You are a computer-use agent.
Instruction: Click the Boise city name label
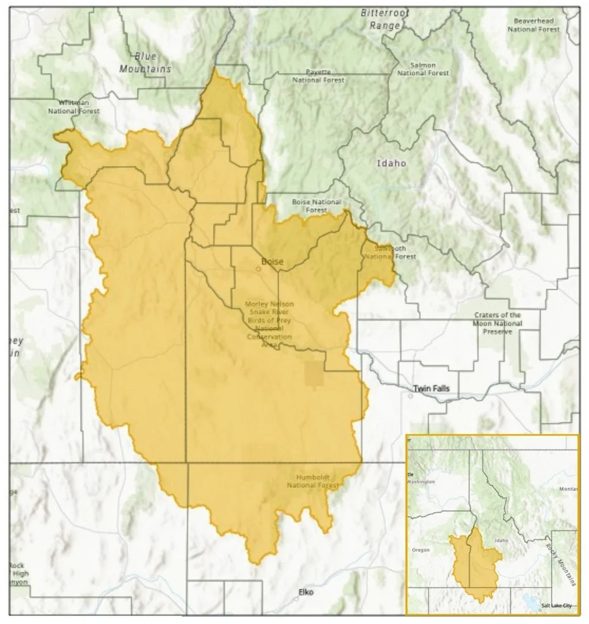click(272, 261)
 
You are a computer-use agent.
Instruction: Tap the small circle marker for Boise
click(258, 269)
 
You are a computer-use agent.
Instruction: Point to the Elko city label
click(306, 592)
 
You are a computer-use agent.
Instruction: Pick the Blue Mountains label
click(145, 62)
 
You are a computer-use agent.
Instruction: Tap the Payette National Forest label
click(318, 75)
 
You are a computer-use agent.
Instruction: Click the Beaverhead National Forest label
click(534, 25)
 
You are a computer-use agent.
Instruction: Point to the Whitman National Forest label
click(74, 107)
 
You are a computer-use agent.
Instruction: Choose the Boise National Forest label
click(316, 206)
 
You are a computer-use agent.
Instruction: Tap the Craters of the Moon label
click(497, 323)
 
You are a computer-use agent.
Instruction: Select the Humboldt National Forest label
click(313, 481)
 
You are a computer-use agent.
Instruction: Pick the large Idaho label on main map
click(392, 163)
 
